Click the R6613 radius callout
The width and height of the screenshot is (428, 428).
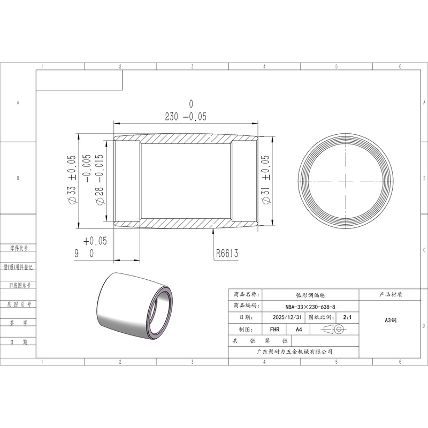point(227,253)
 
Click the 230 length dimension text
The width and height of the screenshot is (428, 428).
point(171,117)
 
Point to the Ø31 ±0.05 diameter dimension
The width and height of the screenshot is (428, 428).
point(265,179)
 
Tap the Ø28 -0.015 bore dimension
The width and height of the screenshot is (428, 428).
point(100,179)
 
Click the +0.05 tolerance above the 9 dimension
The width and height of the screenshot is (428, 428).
point(95,241)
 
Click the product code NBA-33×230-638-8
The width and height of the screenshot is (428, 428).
point(310,307)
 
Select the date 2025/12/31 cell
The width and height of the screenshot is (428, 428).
point(287,317)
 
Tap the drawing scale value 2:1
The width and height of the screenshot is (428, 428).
point(347,317)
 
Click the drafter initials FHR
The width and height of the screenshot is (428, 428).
point(274,330)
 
